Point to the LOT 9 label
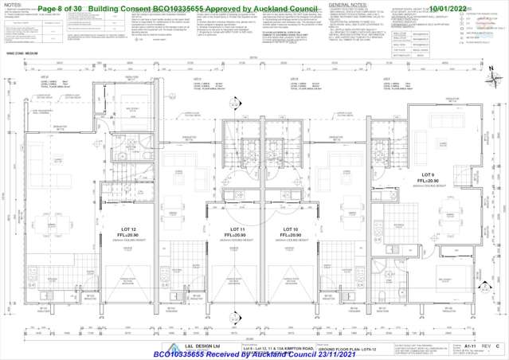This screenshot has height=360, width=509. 427,174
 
